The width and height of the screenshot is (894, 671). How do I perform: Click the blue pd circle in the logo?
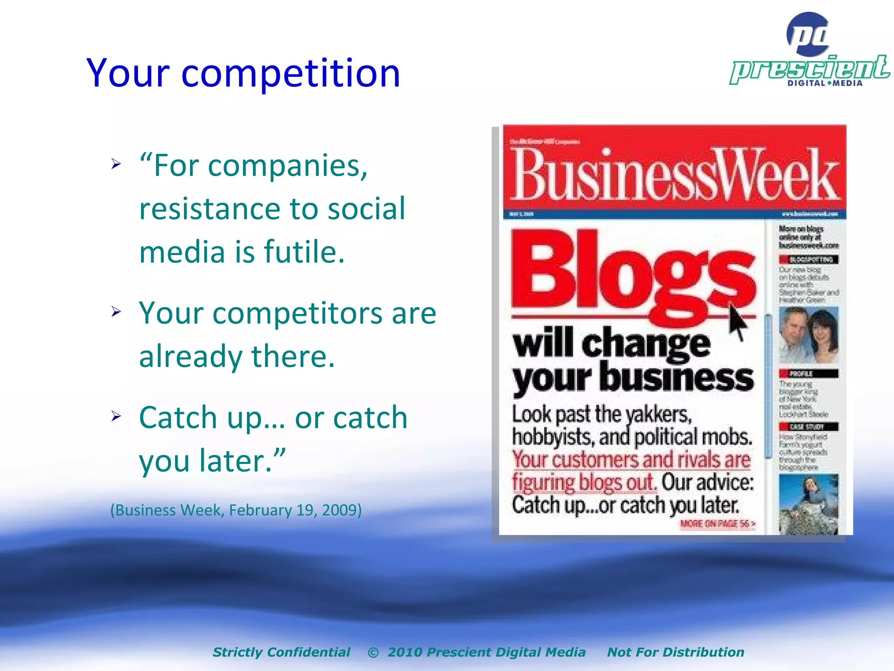click(808, 34)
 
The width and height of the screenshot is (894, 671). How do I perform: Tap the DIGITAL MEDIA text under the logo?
click(825, 83)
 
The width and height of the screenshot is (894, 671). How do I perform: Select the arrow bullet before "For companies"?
click(116, 164)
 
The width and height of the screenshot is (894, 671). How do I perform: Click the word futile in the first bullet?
click(304, 252)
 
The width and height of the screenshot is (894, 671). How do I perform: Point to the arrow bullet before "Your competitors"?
click(116, 312)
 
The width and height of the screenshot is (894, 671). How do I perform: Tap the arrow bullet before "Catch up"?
click(116, 416)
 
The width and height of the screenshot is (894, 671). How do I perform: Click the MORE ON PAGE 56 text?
click(717, 524)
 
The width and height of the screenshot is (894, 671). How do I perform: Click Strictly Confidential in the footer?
click(281, 652)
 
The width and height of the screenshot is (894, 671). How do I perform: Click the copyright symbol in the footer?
click(373, 653)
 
